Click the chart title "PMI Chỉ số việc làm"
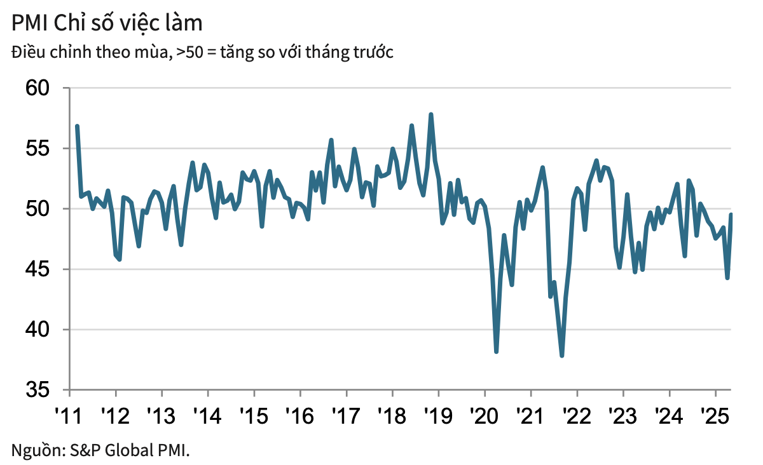107,24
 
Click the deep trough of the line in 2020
496,351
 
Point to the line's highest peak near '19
431,115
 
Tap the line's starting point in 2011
77,126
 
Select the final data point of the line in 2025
731,215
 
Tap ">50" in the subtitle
190,53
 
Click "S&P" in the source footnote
84,450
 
